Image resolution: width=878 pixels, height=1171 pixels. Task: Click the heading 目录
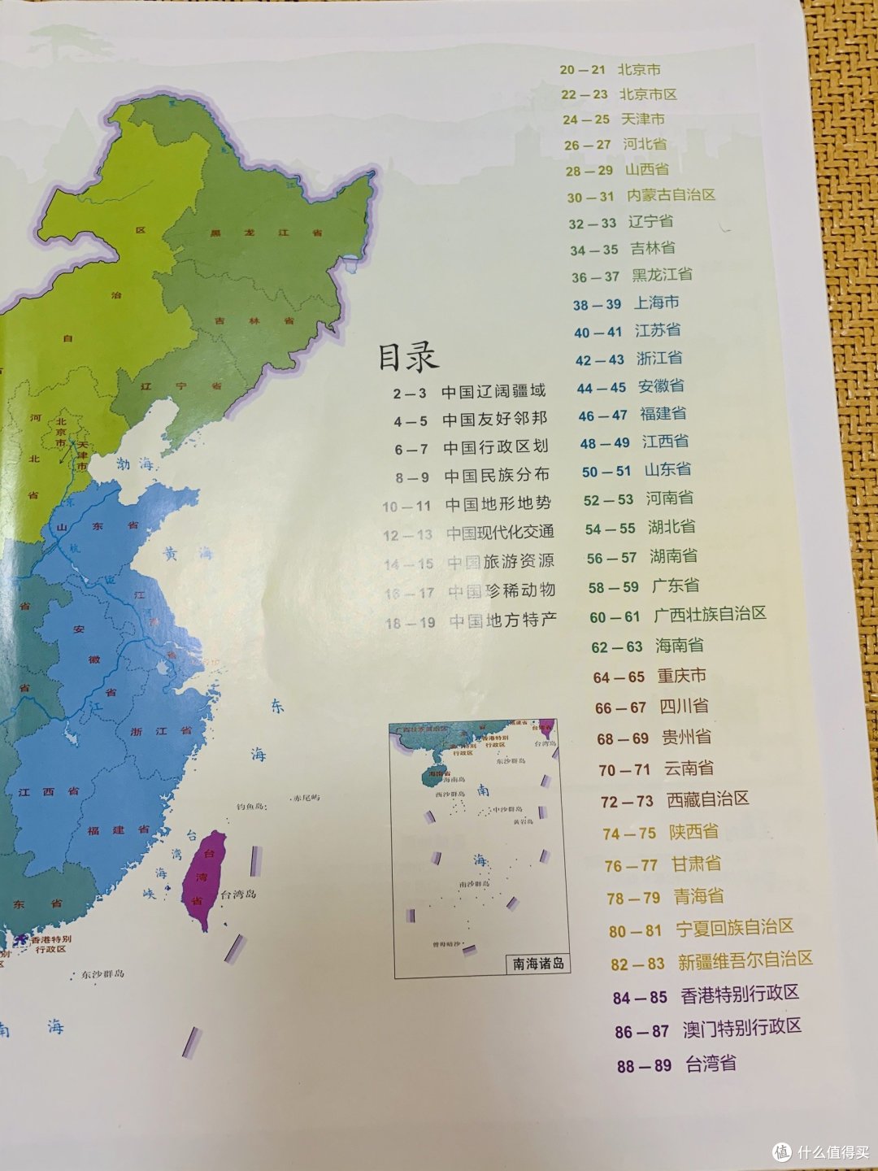point(407,356)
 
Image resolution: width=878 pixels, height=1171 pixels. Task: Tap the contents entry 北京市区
point(648,94)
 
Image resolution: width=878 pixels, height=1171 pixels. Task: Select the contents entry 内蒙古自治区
point(671,195)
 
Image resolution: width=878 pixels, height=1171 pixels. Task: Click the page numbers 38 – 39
point(597,305)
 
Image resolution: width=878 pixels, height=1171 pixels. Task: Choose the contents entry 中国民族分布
point(496,475)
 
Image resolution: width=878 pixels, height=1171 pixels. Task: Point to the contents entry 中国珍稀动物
point(502,591)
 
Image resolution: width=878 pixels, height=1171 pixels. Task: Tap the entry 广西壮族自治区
point(710,615)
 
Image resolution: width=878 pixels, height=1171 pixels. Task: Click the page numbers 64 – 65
point(619,677)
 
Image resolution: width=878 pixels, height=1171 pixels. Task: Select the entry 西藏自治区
point(707,799)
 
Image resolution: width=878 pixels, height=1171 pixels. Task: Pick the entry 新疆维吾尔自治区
point(745,960)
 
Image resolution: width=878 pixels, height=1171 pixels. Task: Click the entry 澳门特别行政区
point(741,1028)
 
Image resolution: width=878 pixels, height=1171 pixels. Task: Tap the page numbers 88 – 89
point(644,1065)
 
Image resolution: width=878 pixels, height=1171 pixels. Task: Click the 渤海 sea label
point(134,464)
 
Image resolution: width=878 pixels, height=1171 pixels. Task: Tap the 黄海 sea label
point(187,554)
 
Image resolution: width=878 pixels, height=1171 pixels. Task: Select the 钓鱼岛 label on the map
point(252,807)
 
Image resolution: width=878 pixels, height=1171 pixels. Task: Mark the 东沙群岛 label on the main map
point(102,973)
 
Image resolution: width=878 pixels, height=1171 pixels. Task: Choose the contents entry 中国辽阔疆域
point(493,392)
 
